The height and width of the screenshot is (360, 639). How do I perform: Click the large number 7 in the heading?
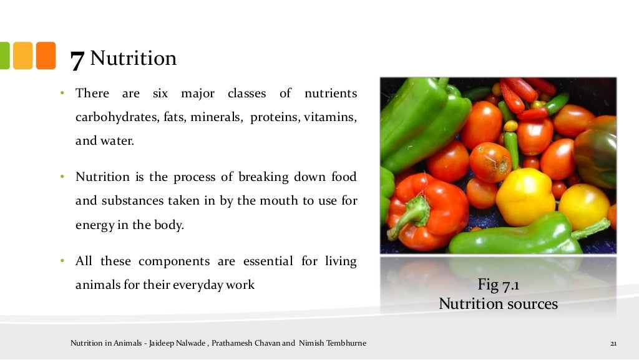tap(77, 60)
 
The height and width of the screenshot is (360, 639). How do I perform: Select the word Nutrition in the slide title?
tap(134, 59)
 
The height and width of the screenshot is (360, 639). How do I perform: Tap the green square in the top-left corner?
tap(3, 56)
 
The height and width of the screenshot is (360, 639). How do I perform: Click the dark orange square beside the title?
tap(46, 56)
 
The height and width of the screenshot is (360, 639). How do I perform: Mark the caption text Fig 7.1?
tap(499, 286)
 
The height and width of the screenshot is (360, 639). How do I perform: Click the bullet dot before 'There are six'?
tap(63, 94)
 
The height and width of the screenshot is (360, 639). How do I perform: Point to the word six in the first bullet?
tap(160, 94)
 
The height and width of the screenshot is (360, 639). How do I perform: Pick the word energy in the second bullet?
tap(94, 225)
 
